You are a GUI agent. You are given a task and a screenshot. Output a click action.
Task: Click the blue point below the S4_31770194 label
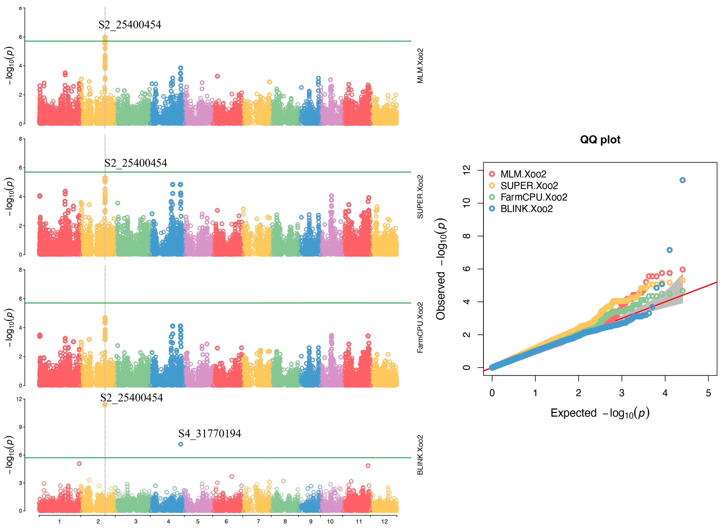point(181,444)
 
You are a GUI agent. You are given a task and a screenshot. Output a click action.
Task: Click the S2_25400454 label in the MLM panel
point(130,25)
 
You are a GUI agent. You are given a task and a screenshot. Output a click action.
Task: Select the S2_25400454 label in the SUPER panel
point(136,163)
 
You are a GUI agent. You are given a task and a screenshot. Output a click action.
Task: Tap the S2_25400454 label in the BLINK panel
point(132,398)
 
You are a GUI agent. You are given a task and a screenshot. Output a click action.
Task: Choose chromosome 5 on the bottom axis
point(198,521)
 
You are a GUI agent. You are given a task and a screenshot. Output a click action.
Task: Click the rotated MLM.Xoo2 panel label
point(420,66)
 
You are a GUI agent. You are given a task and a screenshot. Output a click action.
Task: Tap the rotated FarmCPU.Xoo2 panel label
point(420,327)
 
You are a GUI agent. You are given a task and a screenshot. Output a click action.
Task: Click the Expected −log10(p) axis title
point(600,413)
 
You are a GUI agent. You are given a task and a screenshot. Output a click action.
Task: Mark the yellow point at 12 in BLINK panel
point(105,405)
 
